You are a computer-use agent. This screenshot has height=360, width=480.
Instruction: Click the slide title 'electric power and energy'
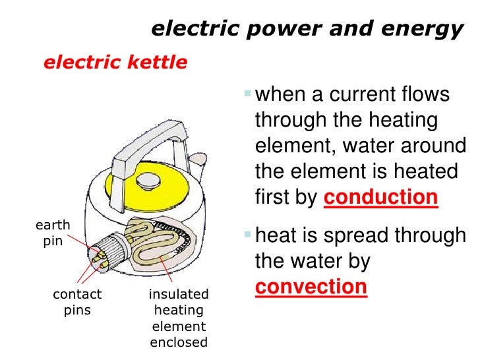click(x=307, y=29)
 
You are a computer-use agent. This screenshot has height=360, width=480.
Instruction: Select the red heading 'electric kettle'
click(x=115, y=63)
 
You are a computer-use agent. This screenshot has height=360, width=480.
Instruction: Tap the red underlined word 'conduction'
click(x=381, y=197)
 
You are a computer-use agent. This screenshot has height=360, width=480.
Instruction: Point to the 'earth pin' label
click(x=52, y=233)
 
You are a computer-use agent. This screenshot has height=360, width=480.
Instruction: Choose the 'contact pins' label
click(x=77, y=301)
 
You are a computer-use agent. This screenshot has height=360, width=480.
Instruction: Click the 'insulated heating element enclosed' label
click(x=179, y=318)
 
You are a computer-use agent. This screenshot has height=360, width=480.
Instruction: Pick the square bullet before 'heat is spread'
click(x=247, y=235)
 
